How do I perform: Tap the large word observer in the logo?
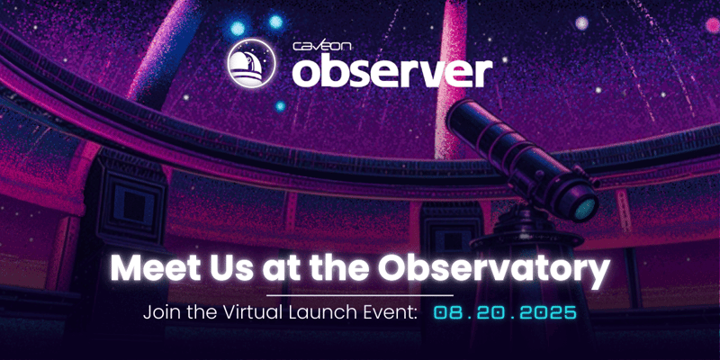[391, 71]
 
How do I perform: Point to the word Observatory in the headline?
[512, 268]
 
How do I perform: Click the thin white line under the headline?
[360, 294]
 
